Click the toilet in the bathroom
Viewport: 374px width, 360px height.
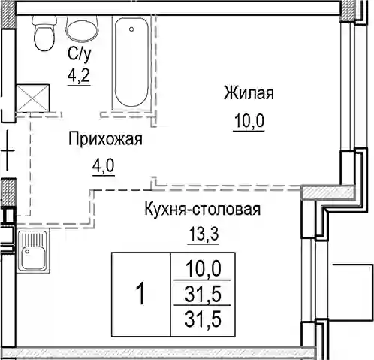(44, 33)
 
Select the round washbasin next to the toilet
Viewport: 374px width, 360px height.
(82, 29)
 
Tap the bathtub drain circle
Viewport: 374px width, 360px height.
(131, 29)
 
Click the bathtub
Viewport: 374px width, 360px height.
(131, 62)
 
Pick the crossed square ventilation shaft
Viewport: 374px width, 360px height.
(32, 98)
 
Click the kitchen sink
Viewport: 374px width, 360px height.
(33, 252)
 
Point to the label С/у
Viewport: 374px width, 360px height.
(79, 54)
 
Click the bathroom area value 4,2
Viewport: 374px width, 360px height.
(79, 75)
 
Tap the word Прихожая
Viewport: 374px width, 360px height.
(105, 138)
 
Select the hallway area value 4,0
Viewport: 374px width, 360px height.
(104, 165)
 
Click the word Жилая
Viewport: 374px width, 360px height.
(249, 93)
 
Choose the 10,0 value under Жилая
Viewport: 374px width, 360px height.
(249, 120)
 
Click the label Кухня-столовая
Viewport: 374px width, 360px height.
(203, 209)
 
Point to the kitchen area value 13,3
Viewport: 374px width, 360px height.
(204, 234)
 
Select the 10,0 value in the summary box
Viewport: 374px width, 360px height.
(203, 268)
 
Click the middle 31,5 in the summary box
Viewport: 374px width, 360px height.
(203, 294)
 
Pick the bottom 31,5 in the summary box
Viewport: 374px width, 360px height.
(203, 319)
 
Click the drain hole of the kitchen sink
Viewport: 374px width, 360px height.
(27, 251)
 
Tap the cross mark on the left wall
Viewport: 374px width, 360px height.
(8, 151)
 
